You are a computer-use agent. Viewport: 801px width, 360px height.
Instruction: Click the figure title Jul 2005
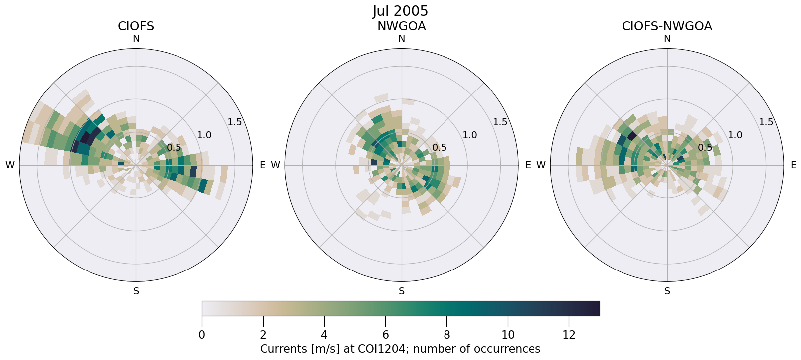400,11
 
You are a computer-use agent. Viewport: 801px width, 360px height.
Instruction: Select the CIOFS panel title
136,26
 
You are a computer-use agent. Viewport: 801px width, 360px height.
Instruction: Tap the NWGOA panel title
402,26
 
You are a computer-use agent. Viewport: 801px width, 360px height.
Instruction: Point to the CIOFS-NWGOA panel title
667,26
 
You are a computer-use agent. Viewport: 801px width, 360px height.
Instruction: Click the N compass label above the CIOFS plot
136,39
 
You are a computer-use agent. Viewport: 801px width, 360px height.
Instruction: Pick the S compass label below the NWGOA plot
402,291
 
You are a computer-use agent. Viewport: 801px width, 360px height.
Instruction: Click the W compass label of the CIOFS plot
10,165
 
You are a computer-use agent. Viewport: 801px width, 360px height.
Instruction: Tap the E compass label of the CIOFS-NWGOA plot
794,165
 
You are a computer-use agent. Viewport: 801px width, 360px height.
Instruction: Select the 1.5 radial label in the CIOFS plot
235,122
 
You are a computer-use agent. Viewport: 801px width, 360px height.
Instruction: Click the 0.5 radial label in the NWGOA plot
439,148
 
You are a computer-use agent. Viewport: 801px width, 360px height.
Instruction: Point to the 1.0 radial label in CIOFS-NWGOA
735,135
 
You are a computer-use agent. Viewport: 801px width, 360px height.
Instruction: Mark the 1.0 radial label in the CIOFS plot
204,135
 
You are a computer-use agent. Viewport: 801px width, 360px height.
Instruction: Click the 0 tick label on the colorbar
202,335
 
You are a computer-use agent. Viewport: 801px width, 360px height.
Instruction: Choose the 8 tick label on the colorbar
446,335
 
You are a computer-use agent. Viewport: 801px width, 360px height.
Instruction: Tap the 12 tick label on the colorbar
569,335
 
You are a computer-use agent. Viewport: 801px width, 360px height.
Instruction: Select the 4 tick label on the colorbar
324,335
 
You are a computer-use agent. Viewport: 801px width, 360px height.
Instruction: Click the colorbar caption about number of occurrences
400,349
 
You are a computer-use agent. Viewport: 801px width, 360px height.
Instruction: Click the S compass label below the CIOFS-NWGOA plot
667,291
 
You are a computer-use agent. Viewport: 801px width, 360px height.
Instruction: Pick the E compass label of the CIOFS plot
263,165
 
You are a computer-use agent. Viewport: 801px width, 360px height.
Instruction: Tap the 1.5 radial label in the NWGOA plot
500,122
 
